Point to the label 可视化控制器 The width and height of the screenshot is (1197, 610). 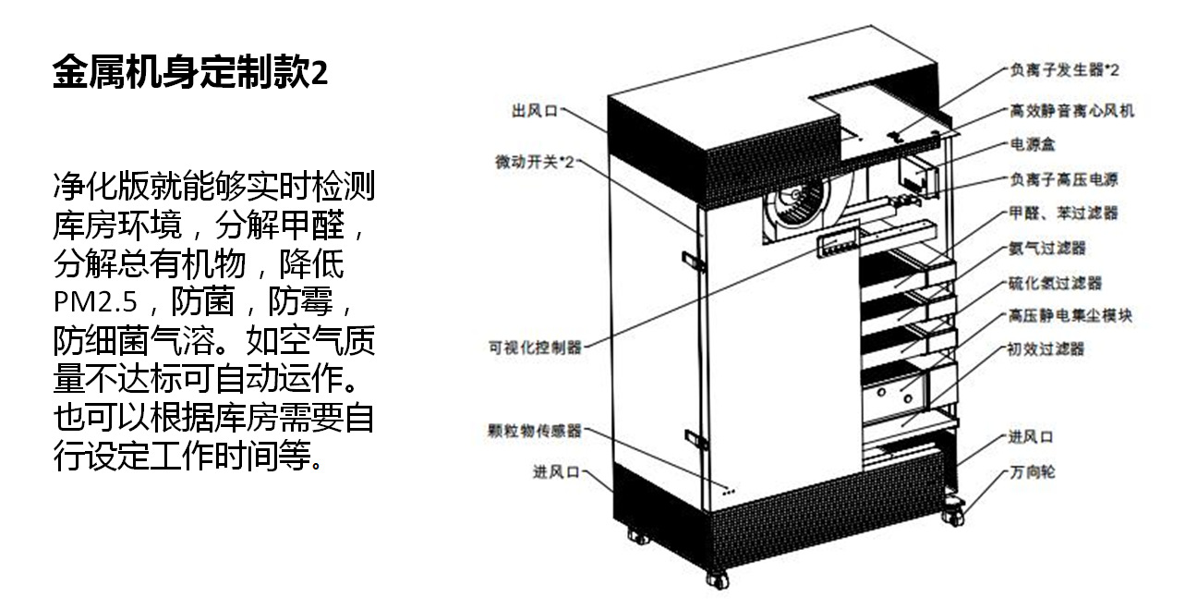536,348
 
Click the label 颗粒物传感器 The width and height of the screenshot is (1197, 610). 535,430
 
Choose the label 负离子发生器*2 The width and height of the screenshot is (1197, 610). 1064,69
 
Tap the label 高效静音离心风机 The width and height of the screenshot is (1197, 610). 1071,111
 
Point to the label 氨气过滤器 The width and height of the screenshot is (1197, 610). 1047,248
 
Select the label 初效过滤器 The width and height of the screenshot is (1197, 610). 1047,349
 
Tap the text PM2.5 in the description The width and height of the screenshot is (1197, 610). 94,303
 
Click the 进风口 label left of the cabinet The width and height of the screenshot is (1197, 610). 555,471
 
